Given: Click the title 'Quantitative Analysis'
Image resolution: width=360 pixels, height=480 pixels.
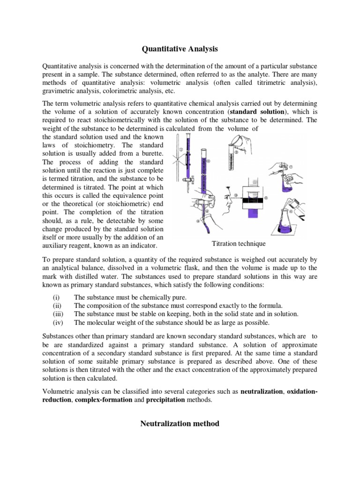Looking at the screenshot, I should (x=180, y=48).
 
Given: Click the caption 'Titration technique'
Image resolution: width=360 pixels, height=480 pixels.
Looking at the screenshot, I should (x=239, y=244).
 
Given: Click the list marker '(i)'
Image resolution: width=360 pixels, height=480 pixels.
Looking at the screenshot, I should (x=56, y=298).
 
